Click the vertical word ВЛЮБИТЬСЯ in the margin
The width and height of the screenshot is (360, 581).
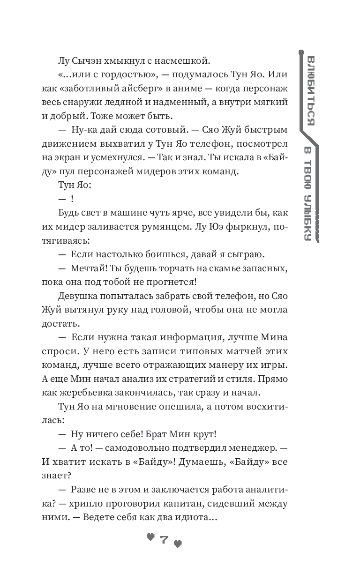click(309, 89)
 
